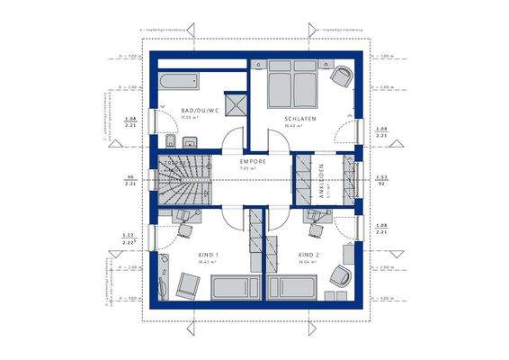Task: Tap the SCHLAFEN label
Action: pyautogui.click(x=299, y=119)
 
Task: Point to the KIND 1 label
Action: pyautogui.click(x=209, y=256)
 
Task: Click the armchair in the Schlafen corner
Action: pyautogui.click(x=341, y=78)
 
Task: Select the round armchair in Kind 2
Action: pyautogui.click(x=340, y=276)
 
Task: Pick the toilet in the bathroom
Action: pyautogui.click(x=168, y=142)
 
